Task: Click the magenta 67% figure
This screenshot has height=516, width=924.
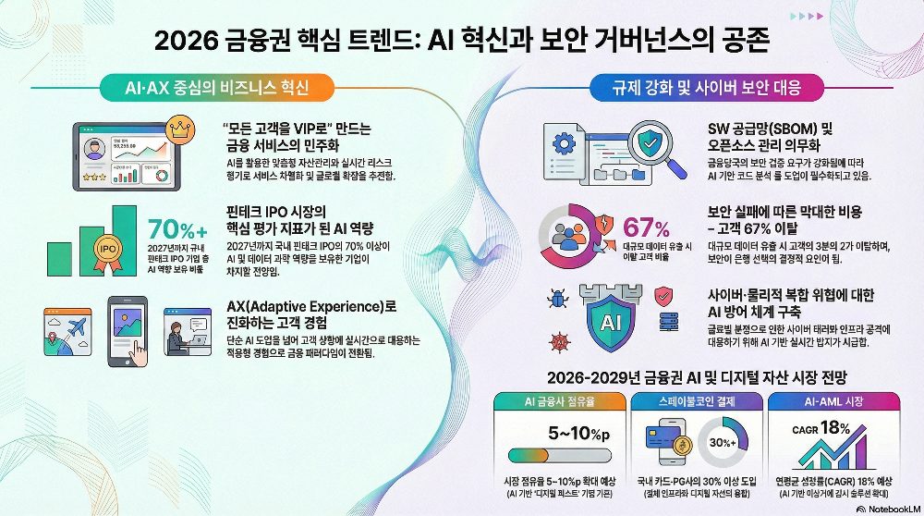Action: coord(647,227)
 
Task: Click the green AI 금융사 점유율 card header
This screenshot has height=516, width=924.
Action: coord(558,402)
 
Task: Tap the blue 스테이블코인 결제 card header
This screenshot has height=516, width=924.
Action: coord(699,402)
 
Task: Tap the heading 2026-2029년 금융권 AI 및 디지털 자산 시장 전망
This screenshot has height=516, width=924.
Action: coord(697,377)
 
